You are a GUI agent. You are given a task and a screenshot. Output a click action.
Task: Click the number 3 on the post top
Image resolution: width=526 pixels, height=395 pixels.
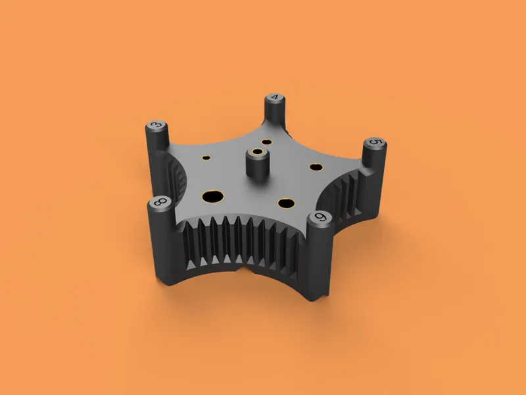click(x=156, y=125)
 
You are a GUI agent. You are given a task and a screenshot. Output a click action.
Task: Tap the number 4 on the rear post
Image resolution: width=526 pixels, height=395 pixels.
click(x=275, y=97)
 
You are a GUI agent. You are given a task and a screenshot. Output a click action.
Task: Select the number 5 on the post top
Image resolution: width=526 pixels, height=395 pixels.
click(x=375, y=142)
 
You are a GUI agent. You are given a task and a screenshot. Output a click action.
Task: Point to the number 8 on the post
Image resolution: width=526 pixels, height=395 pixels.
click(x=160, y=202)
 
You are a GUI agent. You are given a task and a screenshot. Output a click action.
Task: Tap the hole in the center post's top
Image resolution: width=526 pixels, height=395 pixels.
click(x=258, y=152)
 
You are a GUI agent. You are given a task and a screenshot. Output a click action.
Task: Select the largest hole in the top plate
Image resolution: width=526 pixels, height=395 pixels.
click(x=212, y=196)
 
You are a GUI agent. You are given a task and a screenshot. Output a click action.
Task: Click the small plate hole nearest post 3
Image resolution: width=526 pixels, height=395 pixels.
click(x=206, y=157)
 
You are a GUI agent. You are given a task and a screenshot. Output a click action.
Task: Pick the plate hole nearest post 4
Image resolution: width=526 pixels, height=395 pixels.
click(x=267, y=142)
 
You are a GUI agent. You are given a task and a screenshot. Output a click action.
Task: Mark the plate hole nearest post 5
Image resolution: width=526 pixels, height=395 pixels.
click(x=316, y=167)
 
